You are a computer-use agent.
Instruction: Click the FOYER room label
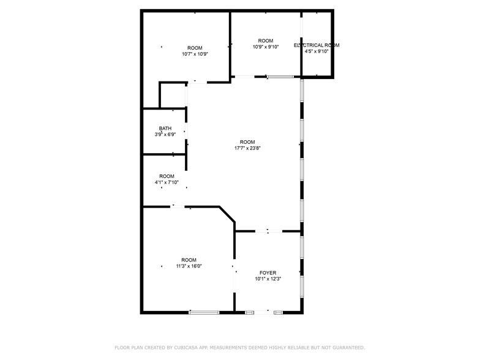268,272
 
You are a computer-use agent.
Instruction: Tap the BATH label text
165,128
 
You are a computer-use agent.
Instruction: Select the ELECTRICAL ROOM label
317,45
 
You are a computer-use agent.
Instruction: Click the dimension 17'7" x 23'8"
247,148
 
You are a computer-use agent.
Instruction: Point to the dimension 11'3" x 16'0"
188,266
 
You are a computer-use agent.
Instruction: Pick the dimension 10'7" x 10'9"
195,54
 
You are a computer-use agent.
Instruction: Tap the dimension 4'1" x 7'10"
167,182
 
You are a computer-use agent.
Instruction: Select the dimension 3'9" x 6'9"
165,134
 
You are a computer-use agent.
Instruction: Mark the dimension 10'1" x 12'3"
268,279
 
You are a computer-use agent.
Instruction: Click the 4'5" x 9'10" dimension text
317,51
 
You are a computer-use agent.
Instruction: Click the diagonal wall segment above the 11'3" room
228,216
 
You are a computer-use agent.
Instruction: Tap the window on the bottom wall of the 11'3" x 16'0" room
204,312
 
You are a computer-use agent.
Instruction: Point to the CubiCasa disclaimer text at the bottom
239,347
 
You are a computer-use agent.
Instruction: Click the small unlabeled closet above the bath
173,96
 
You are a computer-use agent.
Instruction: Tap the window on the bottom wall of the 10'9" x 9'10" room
280,77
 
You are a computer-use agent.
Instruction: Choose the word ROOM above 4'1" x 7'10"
167,176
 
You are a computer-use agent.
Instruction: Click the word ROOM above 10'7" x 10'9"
195,48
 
